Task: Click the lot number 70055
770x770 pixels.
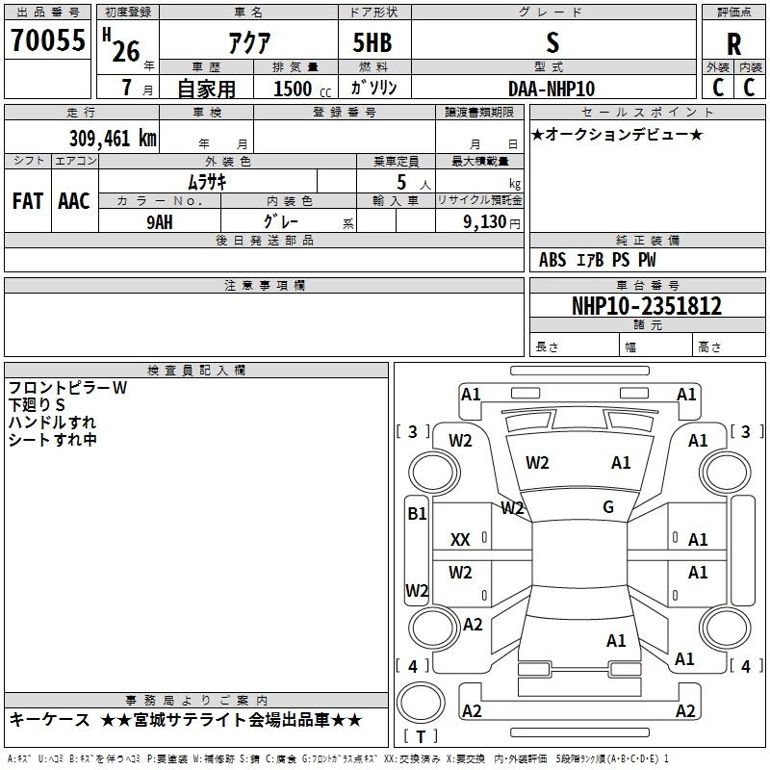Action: pyautogui.click(x=48, y=41)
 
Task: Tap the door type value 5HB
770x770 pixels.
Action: pyautogui.click(x=373, y=42)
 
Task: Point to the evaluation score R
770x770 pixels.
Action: pyautogui.click(x=734, y=44)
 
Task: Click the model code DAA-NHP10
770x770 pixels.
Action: pyautogui.click(x=552, y=89)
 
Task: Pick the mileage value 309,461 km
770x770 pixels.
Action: pyautogui.click(x=113, y=138)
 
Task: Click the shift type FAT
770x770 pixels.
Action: pyautogui.click(x=27, y=201)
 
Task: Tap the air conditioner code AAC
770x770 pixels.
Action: pyautogui.click(x=74, y=201)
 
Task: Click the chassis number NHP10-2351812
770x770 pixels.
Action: pyautogui.click(x=647, y=306)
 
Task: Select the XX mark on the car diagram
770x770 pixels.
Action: pyautogui.click(x=460, y=541)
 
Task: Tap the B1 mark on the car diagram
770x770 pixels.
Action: pyautogui.click(x=417, y=514)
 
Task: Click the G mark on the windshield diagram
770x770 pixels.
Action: pyautogui.click(x=608, y=507)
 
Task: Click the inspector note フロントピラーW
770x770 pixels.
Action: pyautogui.click(x=67, y=388)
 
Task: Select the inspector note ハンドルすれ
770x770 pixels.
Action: pyautogui.click(x=52, y=423)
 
